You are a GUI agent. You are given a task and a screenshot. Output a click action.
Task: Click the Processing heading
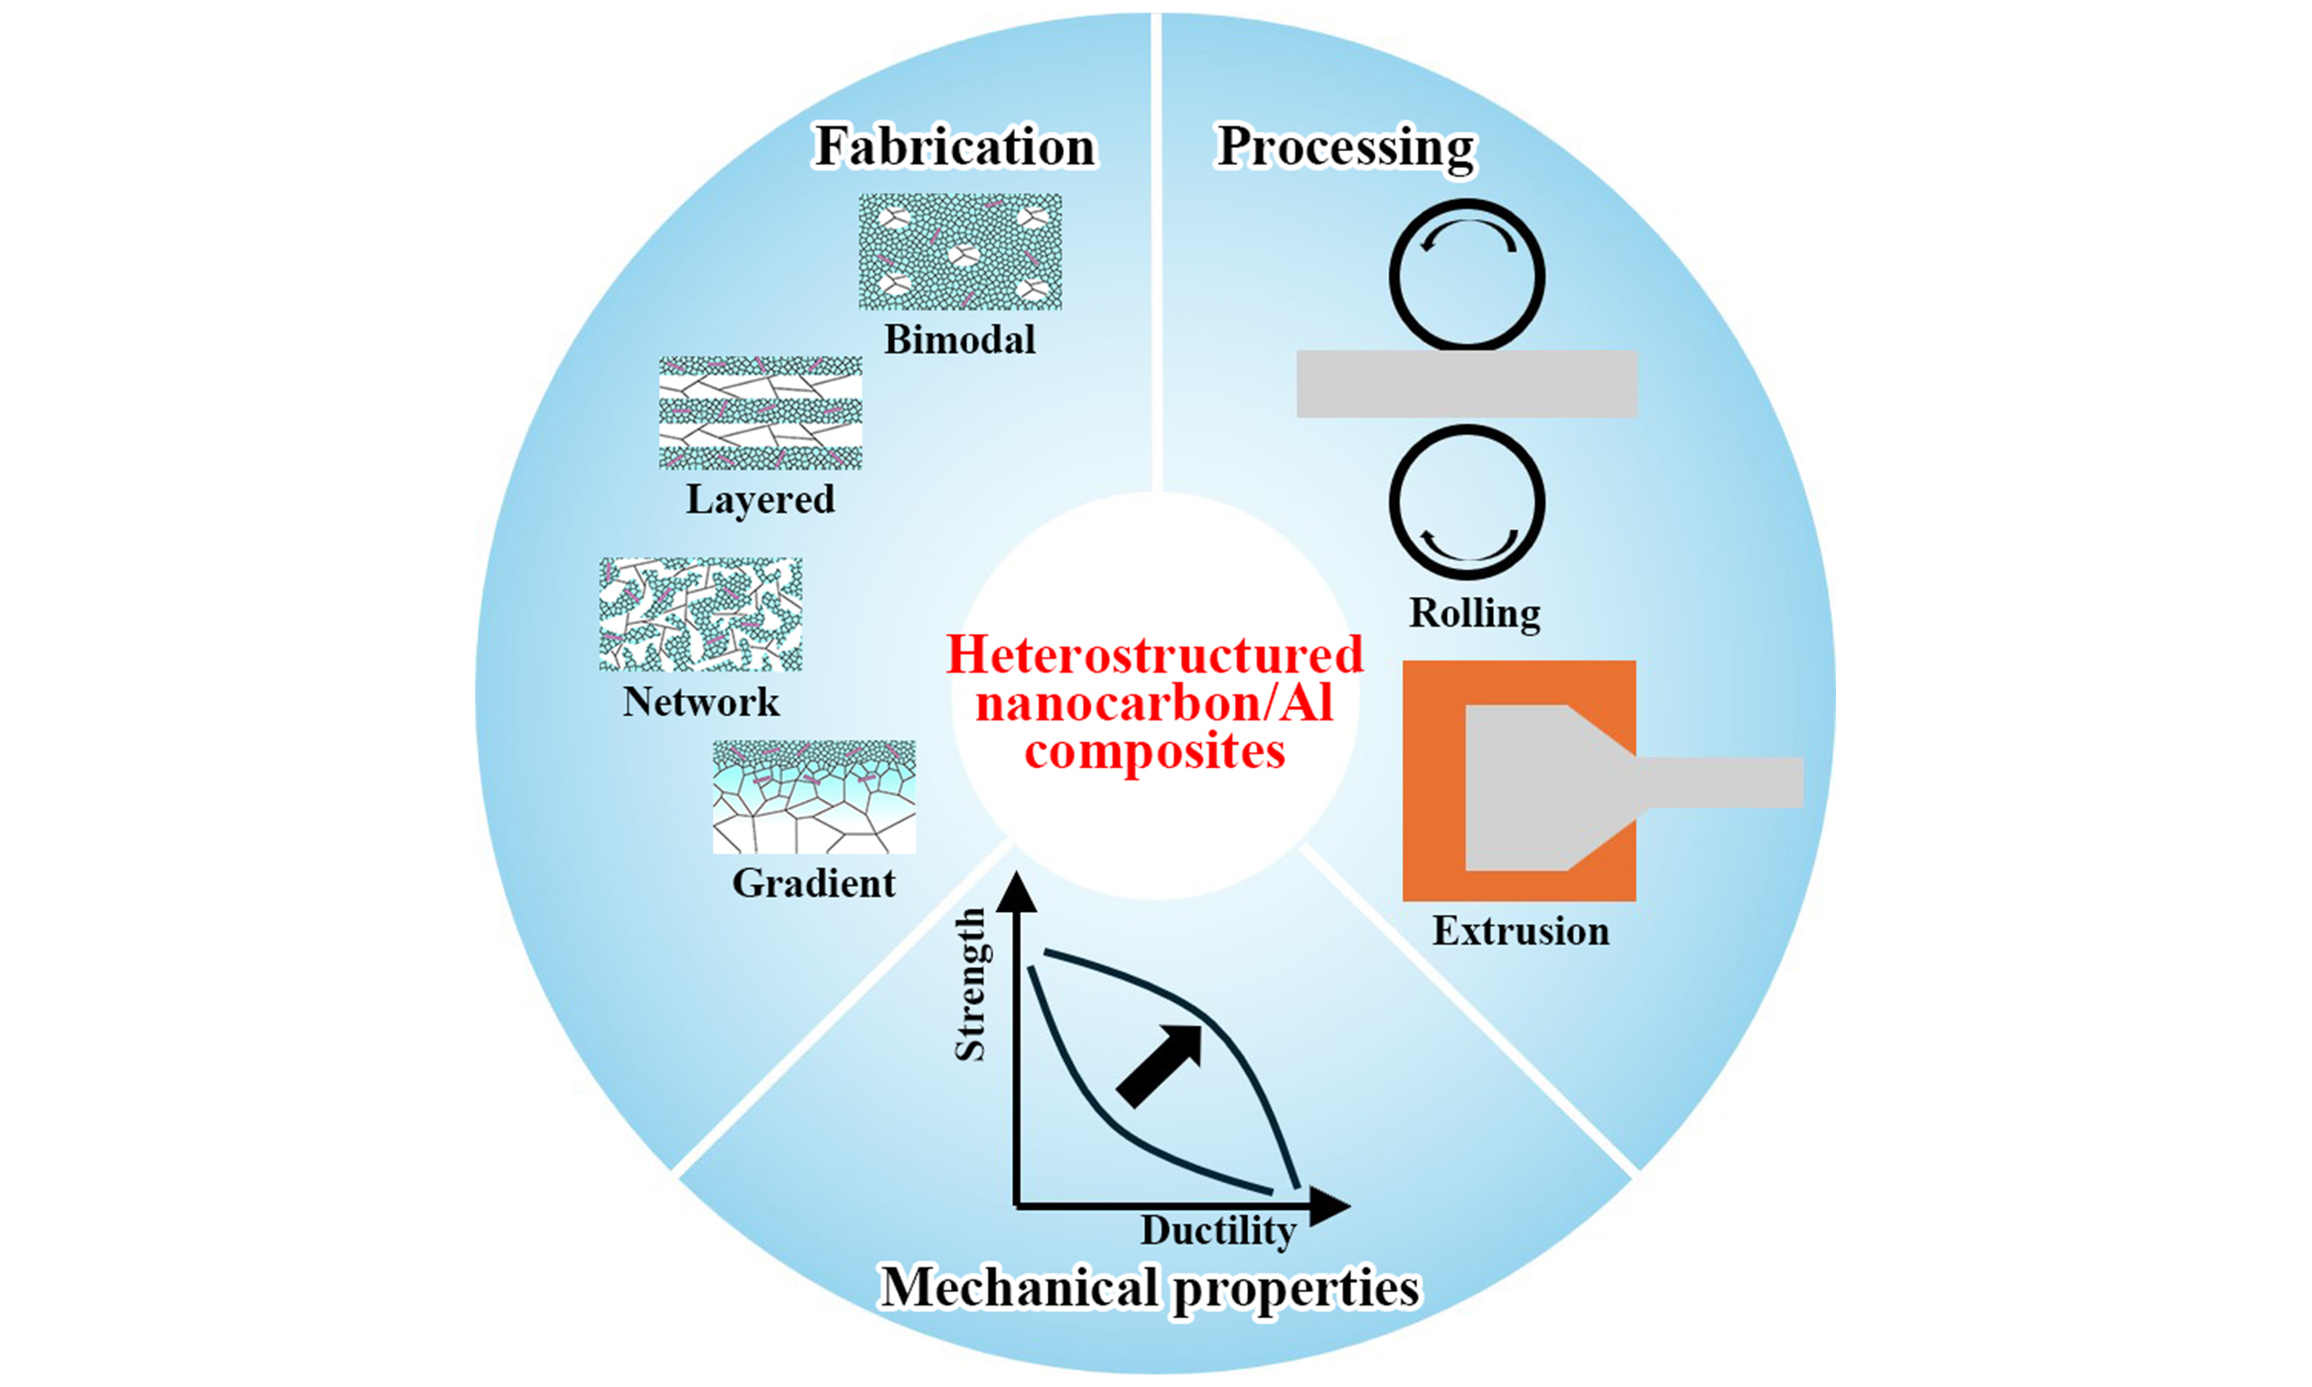[x=1346, y=148]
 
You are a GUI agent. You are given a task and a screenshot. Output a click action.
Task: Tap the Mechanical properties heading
[x=1150, y=1288]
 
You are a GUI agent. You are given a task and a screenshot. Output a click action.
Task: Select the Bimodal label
[x=960, y=340]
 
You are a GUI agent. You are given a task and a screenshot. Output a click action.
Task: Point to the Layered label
[x=760, y=500]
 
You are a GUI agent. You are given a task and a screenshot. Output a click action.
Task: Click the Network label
[x=701, y=702]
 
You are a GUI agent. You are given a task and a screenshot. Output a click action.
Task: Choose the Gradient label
[x=813, y=883]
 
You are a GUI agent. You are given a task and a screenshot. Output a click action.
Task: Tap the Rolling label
[x=1475, y=614]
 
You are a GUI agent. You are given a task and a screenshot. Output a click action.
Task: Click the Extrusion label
[x=1521, y=932]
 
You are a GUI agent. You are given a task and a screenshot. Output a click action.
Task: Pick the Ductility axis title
[x=1217, y=1231]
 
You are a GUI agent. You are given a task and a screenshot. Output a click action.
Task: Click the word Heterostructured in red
[x=1154, y=656]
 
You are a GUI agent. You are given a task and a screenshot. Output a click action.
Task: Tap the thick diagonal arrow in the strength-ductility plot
[x=1160, y=1066]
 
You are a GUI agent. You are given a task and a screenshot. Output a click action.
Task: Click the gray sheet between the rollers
[x=1467, y=384]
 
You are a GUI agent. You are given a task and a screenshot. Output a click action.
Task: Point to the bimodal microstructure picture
[x=960, y=251]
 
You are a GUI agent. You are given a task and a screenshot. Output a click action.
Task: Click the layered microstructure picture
[x=760, y=412]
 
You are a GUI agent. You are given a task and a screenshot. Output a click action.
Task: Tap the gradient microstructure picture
[x=813, y=796]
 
